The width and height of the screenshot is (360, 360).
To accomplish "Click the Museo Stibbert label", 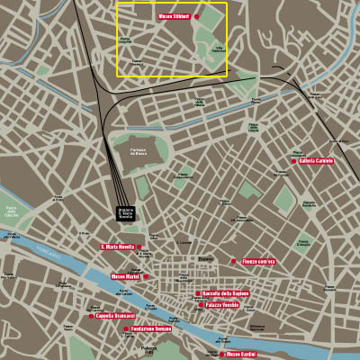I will tap(175, 16).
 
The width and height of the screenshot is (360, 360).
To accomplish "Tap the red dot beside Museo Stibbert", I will tap(196, 16).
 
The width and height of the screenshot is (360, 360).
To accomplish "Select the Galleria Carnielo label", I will tap(317, 161).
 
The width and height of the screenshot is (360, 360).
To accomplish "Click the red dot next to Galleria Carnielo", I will tap(294, 162).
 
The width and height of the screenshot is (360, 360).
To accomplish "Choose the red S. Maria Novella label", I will tap(117, 247).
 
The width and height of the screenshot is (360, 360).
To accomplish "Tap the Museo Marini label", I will tap(124, 276).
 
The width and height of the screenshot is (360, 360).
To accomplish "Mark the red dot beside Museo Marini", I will tap(143, 276).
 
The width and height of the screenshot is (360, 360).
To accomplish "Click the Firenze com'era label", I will tap(259, 262).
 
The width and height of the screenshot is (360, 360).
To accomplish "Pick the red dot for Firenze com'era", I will tap(236, 262).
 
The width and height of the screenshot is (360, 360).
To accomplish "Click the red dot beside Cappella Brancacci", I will tap(91, 316).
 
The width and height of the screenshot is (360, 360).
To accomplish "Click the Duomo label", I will tap(206, 259).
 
